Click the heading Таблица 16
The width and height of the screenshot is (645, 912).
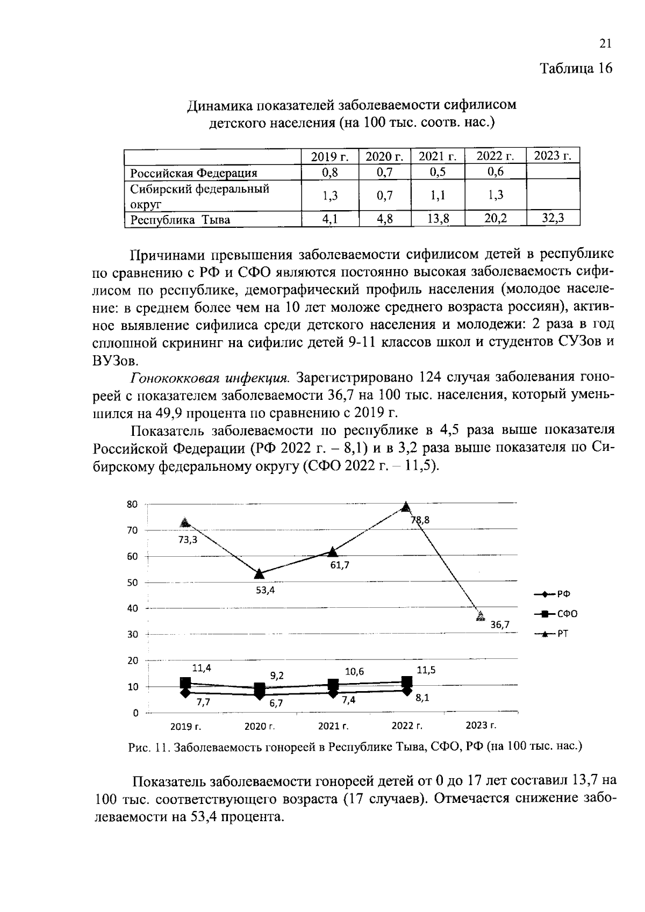point(576,68)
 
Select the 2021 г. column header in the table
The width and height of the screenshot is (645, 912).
point(438,156)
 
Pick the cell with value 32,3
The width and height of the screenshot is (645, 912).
point(553,219)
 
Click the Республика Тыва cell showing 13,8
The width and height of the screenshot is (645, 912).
point(438,219)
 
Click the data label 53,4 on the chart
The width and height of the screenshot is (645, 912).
point(265,590)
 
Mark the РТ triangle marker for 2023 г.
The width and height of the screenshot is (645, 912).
point(481,616)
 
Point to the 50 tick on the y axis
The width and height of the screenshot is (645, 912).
point(132,583)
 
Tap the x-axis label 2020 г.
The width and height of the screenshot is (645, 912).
point(260,727)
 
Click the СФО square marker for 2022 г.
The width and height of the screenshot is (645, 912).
point(406,681)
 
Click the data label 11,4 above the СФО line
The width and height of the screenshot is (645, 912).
point(202,668)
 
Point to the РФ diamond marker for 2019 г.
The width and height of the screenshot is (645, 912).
point(185,692)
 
